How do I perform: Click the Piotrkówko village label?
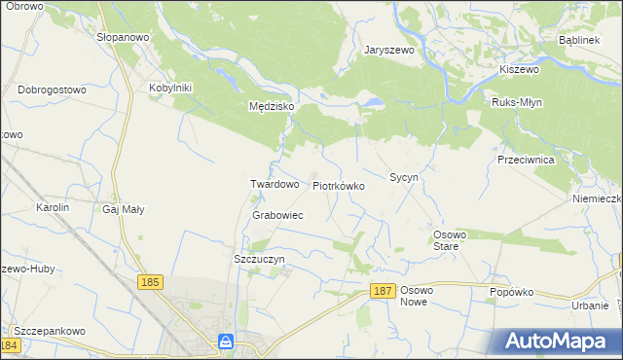(x=338, y=185)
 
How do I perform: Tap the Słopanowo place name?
(x=122, y=35)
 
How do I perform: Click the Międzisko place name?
(x=265, y=108)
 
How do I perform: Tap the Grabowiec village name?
(x=277, y=215)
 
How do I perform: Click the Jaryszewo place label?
(x=390, y=50)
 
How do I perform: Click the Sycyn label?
(x=404, y=178)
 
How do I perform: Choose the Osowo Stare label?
(x=451, y=240)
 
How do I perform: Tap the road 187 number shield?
(x=383, y=292)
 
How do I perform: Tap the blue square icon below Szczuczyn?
(x=226, y=342)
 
